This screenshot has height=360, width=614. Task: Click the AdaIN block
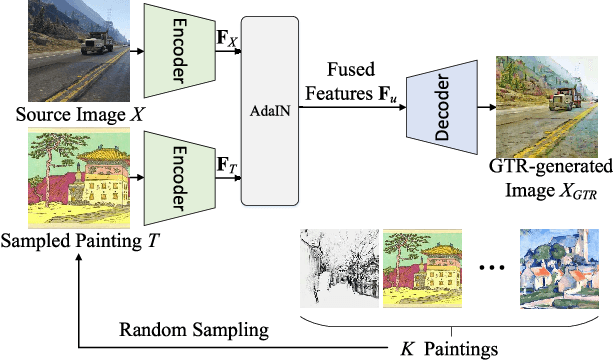tap(275, 110)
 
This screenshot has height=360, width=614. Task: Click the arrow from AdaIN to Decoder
tap(355, 107)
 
